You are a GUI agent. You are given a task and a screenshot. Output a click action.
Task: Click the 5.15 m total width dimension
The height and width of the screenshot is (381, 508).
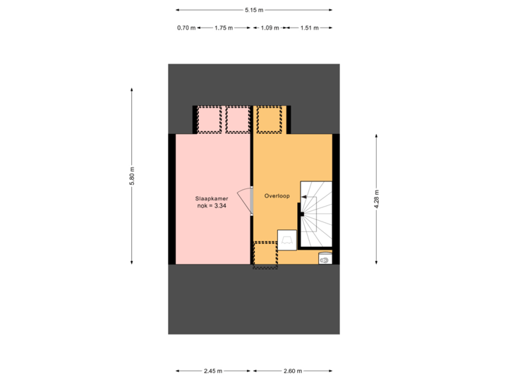(x=253, y=10)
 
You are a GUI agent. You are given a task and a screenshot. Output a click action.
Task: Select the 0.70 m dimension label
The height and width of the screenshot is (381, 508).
(x=186, y=28)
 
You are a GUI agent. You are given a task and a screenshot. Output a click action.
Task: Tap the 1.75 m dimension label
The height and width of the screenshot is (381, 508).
(x=223, y=28)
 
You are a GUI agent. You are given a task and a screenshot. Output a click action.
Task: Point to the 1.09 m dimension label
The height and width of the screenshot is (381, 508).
(x=270, y=28)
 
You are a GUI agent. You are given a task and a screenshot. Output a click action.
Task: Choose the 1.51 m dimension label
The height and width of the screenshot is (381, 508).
(x=309, y=28)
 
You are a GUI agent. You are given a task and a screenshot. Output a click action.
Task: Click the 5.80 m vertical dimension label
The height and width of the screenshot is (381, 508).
(x=131, y=176)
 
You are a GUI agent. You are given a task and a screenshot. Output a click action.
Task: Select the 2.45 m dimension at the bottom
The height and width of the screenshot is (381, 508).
(x=212, y=370)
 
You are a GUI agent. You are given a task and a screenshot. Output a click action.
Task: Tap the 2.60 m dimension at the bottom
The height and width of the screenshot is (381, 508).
(x=292, y=370)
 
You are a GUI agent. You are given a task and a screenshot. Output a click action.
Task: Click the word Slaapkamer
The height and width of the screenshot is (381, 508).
(x=211, y=198)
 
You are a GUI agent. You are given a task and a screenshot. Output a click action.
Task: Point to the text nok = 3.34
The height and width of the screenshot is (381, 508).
(x=211, y=206)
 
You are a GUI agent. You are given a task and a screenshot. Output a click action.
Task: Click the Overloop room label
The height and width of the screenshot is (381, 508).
(x=277, y=195)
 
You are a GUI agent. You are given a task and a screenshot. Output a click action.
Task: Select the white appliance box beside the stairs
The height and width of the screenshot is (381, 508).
(x=287, y=240)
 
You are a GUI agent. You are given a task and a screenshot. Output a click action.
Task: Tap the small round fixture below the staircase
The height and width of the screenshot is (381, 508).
(x=325, y=259)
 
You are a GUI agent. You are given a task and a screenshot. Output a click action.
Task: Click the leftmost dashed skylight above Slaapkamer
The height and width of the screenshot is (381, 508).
(x=209, y=119)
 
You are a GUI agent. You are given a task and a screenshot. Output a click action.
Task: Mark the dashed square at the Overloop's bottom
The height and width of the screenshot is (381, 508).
(x=265, y=255)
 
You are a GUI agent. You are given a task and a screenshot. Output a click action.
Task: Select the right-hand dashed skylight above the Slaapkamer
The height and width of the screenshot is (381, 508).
(x=238, y=119)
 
